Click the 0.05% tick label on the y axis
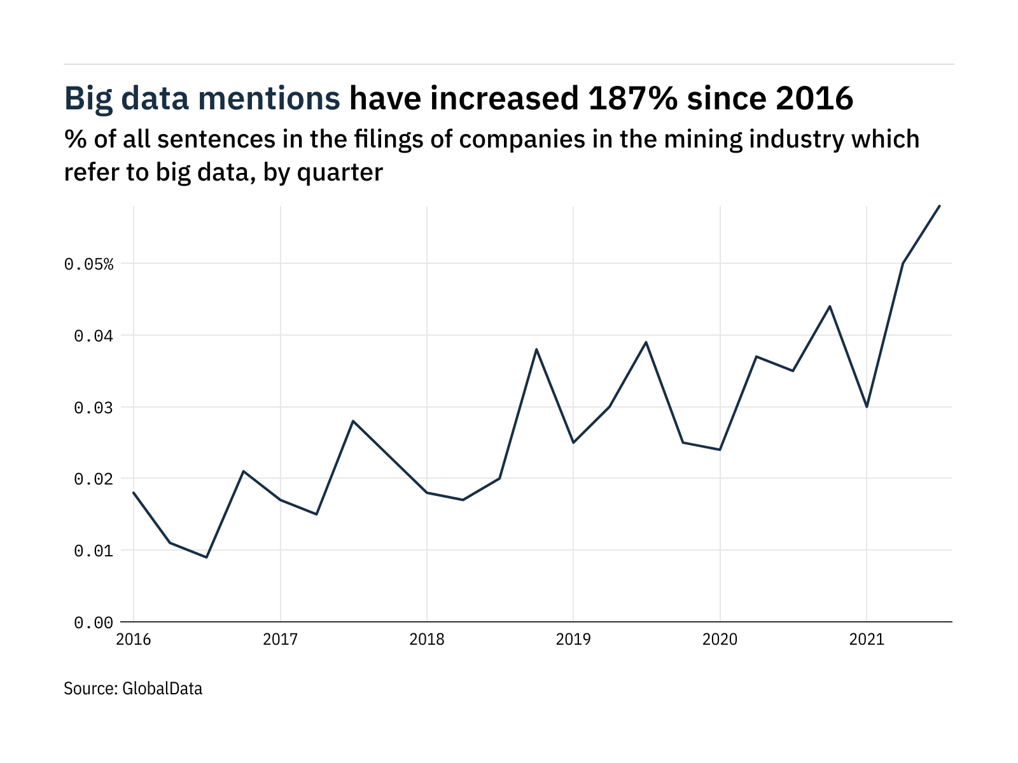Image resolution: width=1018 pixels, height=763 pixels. [88, 264]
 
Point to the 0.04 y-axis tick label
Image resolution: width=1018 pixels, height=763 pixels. [94, 336]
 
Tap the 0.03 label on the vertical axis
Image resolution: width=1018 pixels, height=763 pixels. [94, 408]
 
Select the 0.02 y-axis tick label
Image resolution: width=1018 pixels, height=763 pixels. [94, 479]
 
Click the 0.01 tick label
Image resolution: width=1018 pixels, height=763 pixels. [94, 551]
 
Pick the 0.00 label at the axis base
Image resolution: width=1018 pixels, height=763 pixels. [94, 622]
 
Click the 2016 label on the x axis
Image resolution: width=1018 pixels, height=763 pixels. [134, 639]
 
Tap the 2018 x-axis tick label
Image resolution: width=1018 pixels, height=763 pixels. [427, 639]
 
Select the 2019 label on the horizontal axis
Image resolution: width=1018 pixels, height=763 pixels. [573, 639]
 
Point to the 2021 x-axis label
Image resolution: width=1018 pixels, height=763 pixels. [867, 639]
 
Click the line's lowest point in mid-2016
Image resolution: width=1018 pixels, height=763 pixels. [207, 557]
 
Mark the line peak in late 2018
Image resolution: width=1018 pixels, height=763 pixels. [536, 349]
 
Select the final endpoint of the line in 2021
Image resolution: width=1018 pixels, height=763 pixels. [940, 205]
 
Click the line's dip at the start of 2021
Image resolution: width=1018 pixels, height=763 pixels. [867, 407]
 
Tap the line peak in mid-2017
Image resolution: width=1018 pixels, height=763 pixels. [353, 421]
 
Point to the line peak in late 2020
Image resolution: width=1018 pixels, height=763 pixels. [830, 306]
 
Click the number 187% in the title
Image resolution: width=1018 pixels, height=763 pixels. [632, 99]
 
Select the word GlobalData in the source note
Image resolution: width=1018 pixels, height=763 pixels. [162, 689]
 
